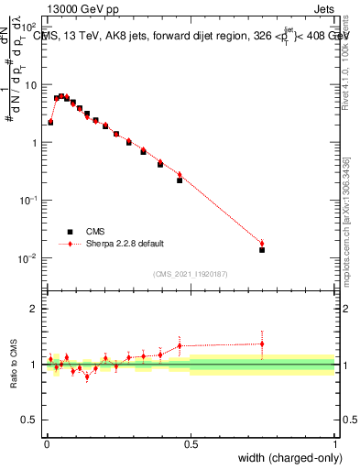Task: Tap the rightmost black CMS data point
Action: tap(262, 249)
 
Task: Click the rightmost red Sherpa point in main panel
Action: tap(262, 243)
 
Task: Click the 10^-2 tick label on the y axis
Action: tap(26, 258)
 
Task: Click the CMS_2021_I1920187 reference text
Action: tap(191, 274)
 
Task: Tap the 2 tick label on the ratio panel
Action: tap(33, 309)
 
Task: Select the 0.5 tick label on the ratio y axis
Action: tap(29, 420)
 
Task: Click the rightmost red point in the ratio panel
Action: tap(262, 344)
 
